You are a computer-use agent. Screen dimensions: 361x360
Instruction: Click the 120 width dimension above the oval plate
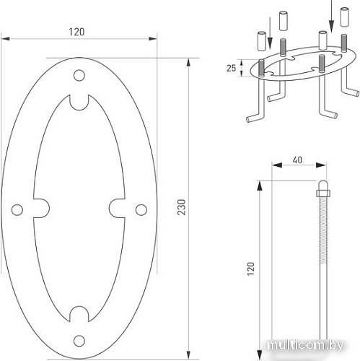tap(79, 32)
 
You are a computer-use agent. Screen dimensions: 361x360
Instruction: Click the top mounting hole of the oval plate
tap(79, 75)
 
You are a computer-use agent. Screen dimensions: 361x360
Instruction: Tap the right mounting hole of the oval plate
tap(141, 210)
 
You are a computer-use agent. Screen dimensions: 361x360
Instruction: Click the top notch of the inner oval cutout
tap(79, 102)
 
